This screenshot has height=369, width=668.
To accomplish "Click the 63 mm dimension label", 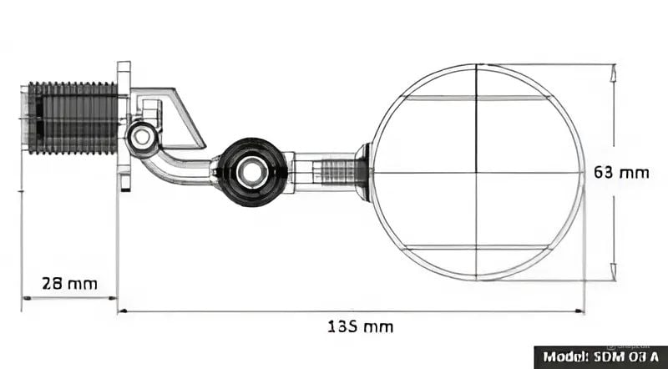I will tap(620, 173).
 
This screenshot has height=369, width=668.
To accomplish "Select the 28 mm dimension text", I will tap(70, 283).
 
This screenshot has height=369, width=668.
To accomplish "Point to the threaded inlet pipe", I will tap(72, 118).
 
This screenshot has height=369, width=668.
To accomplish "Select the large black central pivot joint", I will tap(250, 172).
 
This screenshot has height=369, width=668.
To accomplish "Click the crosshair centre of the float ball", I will tap(476, 173).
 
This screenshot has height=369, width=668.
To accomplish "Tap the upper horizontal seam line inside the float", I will tap(476, 98).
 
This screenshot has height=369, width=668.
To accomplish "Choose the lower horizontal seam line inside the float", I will tap(476, 248).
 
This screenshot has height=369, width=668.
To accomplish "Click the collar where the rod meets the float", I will tap(364, 172).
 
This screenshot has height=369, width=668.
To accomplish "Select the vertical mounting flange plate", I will tap(124, 125).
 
